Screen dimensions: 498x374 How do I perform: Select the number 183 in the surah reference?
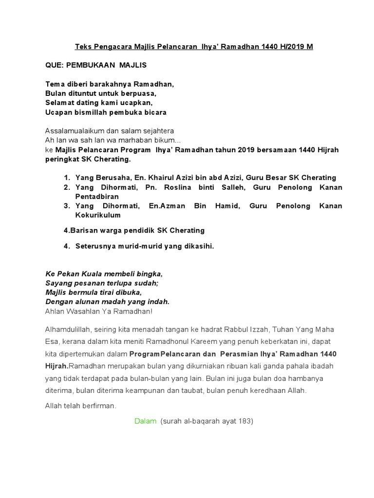244,422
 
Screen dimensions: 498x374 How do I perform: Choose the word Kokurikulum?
98,215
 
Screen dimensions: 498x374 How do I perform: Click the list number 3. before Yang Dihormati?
67,206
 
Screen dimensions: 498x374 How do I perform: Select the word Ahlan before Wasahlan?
55,311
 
